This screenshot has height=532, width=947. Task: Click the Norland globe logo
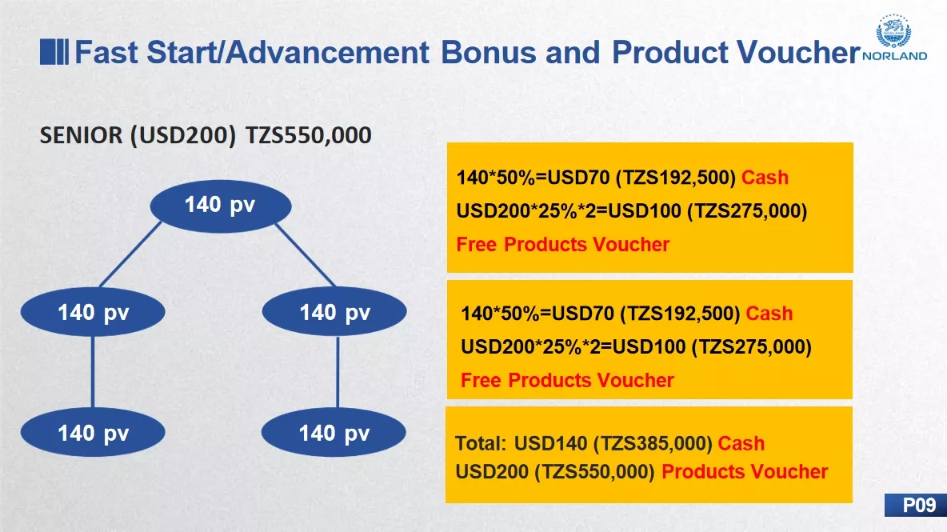click(x=893, y=31)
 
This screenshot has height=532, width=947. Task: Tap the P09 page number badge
click(x=916, y=505)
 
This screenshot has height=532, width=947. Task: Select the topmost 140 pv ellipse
click(x=221, y=206)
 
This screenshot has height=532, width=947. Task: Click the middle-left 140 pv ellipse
click(x=93, y=311)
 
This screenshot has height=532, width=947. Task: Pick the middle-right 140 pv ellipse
click(x=334, y=311)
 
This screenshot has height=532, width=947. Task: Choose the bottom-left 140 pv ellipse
click(x=93, y=432)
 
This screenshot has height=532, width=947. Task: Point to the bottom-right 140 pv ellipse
click(x=334, y=432)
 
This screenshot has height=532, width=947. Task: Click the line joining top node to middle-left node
click(x=130, y=254)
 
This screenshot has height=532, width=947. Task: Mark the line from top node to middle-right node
click(x=306, y=255)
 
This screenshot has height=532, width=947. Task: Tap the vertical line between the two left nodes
click(x=93, y=372)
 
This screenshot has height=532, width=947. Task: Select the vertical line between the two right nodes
click(x=337, y=372)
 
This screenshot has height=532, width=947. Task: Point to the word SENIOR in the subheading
click(x=81, y=135)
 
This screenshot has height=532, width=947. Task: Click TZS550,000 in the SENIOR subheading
click(x=308, y=135)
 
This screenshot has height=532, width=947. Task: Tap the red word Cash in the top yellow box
click(x=765, y=178)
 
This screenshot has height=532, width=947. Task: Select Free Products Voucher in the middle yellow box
click(x=567, y=381)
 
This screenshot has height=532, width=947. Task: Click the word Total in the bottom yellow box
click(x=480, y=443)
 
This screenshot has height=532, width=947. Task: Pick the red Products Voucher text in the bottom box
click(x=745, y=472)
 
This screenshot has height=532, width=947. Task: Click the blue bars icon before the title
click(x=54, y=52)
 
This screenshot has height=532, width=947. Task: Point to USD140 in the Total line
click(x=550, y=443)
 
